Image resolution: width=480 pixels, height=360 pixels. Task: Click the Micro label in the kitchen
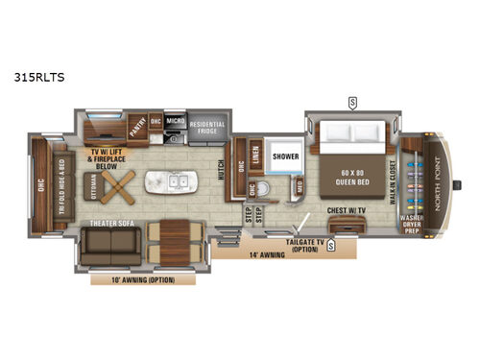(175, 122)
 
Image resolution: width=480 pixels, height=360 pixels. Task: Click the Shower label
(285, 155)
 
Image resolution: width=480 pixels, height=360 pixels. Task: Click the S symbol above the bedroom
(352, 102)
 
